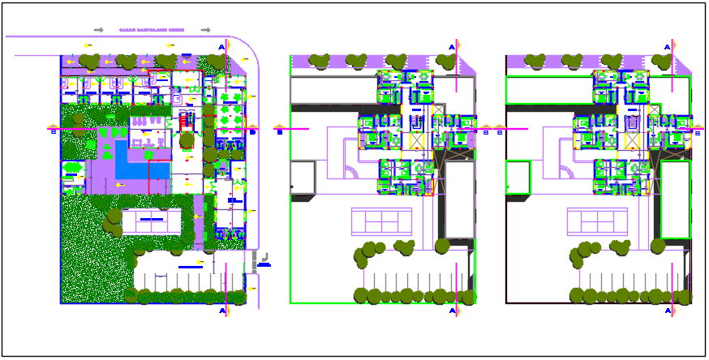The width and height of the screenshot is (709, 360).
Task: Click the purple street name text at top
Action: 152,30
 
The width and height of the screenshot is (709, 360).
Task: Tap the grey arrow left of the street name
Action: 98,30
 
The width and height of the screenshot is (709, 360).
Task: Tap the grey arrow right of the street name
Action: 206,30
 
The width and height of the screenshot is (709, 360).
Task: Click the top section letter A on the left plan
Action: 221,48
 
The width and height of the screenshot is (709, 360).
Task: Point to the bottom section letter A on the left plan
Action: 221,311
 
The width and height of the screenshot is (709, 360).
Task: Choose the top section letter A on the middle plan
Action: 450,48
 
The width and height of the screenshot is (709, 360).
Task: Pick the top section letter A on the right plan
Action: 667,48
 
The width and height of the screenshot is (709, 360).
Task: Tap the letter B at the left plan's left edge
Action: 53,131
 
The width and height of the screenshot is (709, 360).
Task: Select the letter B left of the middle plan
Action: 280,131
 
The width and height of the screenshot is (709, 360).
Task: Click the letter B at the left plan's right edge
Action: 252,131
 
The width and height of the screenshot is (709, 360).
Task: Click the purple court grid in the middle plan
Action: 381,221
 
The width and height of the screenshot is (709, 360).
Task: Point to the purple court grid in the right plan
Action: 597,221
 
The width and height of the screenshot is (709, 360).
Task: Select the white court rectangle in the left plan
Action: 152,221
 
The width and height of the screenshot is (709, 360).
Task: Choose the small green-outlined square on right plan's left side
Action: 517,175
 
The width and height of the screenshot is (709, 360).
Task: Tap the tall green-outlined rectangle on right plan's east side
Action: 675,199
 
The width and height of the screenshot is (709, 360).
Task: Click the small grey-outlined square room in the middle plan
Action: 302,177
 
